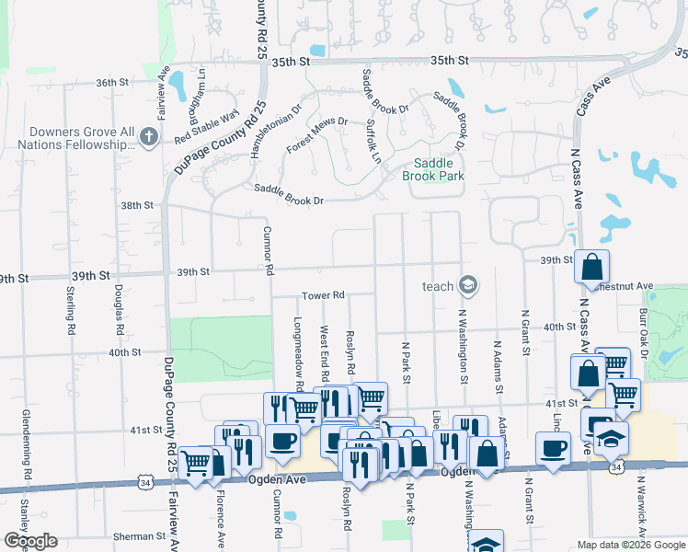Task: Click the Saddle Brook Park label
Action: pos(433,169)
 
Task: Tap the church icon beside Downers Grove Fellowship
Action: pos(149,138)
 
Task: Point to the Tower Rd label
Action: pos(323,295)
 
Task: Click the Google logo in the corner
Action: pos(30,541)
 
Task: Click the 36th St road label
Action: pos(111,83)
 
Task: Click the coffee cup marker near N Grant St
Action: pos(553,449)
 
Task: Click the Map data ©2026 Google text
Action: pos(630,545)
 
